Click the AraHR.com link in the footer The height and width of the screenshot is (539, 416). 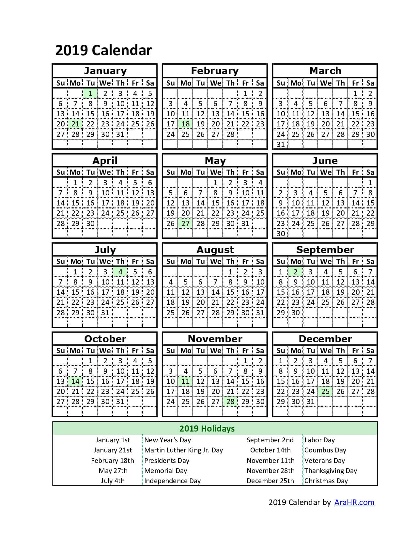coord(354,502)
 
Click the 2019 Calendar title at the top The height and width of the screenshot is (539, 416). coord(103,51)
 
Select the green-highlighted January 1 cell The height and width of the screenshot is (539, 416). coord(90,93)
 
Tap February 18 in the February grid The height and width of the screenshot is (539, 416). coord(186,124)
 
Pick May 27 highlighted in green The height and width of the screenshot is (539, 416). coord(186,223)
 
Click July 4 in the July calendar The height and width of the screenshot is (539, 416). coord(120,272)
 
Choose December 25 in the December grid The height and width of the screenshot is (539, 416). coord(325,391)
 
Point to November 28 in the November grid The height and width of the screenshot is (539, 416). coord(230,401)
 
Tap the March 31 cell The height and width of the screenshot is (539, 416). coord(281,144)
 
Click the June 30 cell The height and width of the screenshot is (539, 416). coord(281,234)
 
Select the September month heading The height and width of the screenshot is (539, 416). coord(325,250)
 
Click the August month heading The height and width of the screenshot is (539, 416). coord(215,250)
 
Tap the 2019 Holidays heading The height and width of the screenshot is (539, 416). coord(207,429)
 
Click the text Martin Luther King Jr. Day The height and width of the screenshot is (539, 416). coord(183,450)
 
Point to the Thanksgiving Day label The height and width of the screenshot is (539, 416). coord(331,471)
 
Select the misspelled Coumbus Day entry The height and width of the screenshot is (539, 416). coord(325,450)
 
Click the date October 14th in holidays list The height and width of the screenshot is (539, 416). coord(270,450)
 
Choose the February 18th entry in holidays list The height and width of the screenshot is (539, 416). coord(113,461)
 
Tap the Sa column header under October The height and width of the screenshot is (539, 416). coord(150,351)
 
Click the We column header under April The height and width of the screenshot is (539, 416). coord(105,172)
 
